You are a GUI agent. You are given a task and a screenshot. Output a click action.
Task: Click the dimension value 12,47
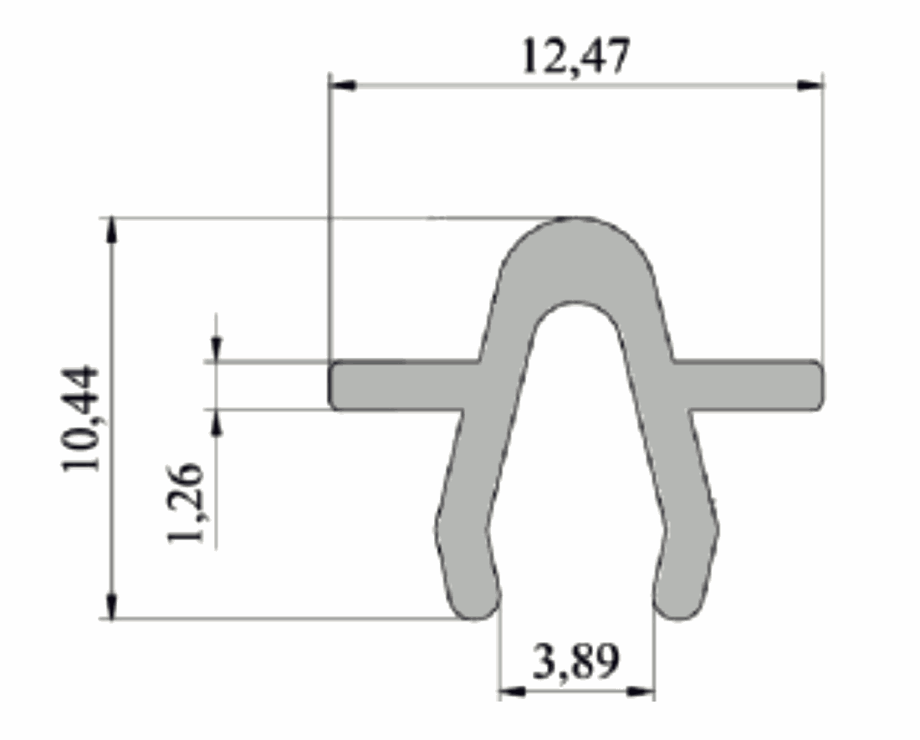point(575,57)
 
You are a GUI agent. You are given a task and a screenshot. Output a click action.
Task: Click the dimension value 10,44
point(81,418)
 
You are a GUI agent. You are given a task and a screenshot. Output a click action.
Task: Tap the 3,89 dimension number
point(575,661)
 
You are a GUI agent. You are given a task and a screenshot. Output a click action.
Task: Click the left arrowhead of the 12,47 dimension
point(342,85)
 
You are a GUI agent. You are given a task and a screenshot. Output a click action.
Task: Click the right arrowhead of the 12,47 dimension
point(810,85)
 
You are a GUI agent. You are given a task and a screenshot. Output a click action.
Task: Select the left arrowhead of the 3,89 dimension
point(512,692)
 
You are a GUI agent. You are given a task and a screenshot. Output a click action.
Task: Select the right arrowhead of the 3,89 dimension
point(641,692)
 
